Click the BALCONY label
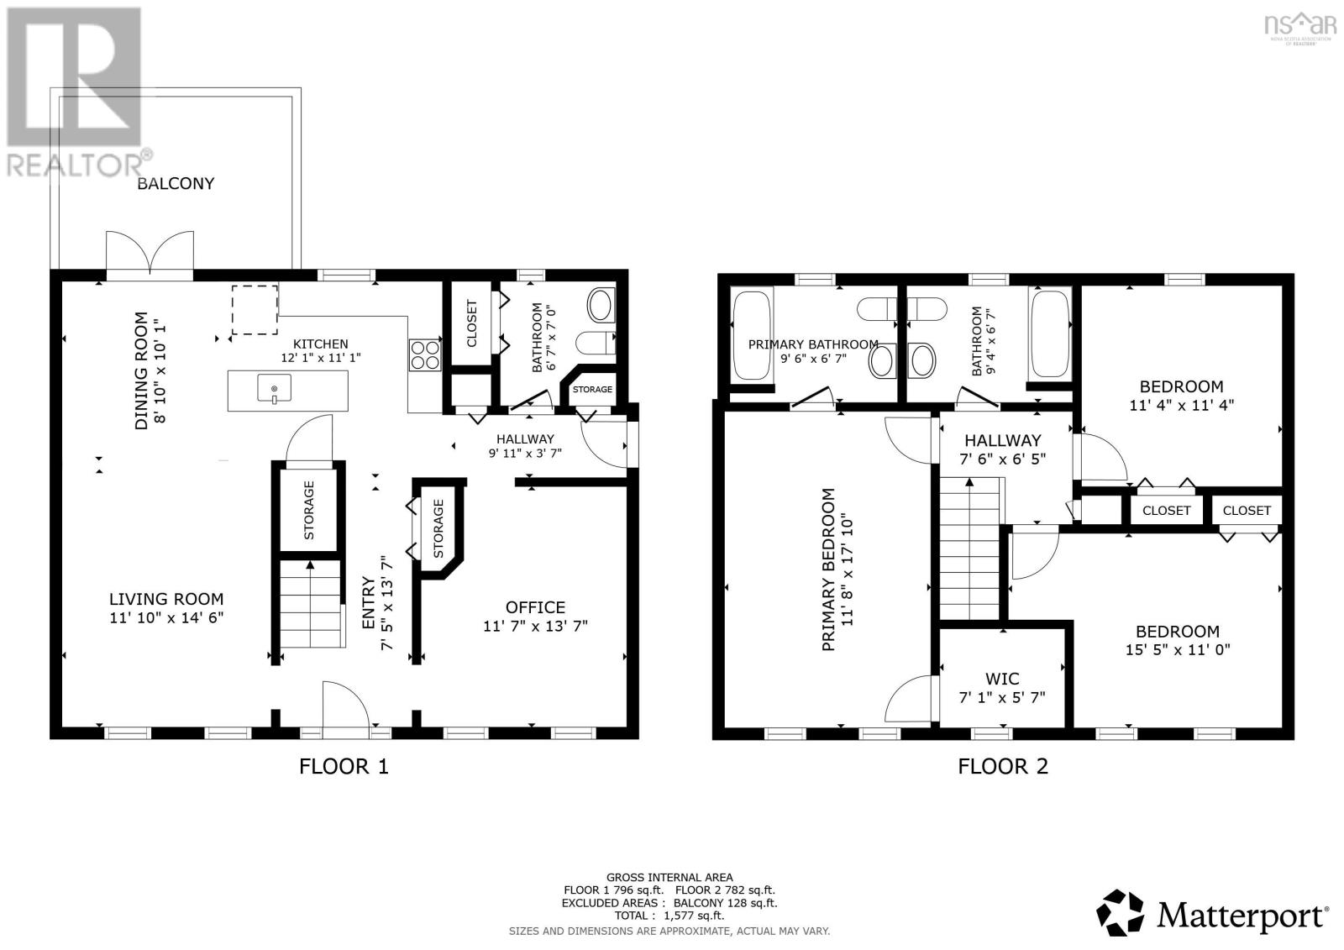point(176,183)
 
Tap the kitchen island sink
point(274,389)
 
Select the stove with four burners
point(426,354)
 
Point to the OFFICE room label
point(535,607)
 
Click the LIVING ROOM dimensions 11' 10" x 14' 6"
point(166,617)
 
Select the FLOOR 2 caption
point(1003,766)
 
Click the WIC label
point(1002,679)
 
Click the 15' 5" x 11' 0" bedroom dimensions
point(1178,649)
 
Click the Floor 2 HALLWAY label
point(1002,440)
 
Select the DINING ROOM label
point(141,370)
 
